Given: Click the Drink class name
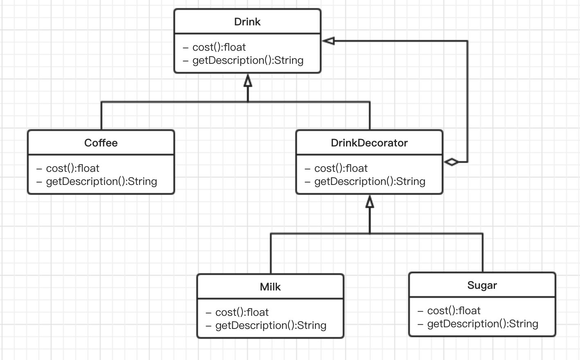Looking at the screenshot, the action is pos(247,22).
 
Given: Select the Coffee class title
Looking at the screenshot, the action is pos(101,143).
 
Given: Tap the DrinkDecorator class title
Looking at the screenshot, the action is pos(369,143).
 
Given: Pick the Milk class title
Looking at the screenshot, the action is pos(270,287).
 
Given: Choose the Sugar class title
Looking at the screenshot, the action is pos(482,286).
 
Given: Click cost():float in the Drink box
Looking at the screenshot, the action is pos(219,47).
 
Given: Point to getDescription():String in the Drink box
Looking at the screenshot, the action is pos(248,61).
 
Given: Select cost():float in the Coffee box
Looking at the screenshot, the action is pos(73,169).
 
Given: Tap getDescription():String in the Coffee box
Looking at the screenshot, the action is pos(102,182).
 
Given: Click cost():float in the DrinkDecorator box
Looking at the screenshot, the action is pos(341,169).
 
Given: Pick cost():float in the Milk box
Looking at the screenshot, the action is pos(242,313).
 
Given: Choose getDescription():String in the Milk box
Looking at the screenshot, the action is pos(271,326).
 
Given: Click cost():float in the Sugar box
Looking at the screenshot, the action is pos(454,311).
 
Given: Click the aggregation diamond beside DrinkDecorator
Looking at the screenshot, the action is pos(452,162).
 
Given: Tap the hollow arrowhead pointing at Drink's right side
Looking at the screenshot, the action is pos(329,41).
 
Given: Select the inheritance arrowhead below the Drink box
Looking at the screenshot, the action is pos(248,81).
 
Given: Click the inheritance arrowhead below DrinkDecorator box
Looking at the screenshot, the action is pos(370,202).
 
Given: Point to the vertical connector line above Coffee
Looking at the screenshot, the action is pos(101,116).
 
